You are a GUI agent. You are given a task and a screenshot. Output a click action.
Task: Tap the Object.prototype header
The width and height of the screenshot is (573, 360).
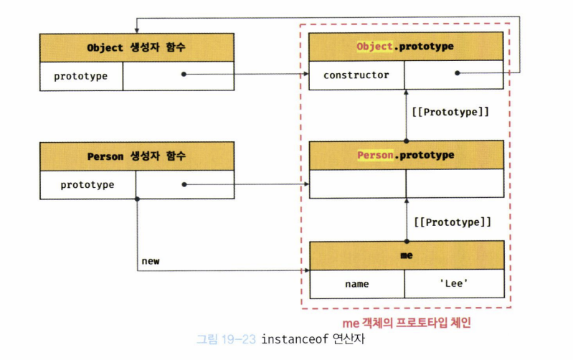405,47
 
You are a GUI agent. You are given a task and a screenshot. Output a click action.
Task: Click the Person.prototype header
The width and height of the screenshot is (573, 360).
405,155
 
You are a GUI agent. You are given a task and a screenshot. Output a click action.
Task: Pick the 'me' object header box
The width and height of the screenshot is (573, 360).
405,255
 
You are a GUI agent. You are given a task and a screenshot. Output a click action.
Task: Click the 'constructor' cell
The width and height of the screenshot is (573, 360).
356,75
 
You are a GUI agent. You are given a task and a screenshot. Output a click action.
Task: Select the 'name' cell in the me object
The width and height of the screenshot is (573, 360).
356,284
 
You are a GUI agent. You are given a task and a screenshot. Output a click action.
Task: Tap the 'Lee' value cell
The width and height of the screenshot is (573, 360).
454,284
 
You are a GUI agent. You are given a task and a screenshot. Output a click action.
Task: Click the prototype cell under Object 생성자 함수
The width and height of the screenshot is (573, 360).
81,75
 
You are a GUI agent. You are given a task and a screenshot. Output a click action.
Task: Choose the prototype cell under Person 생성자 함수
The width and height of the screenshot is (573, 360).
87,184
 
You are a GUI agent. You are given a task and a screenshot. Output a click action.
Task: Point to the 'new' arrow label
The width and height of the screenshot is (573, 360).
151,261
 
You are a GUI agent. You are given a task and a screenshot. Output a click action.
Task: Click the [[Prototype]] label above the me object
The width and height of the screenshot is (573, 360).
450,222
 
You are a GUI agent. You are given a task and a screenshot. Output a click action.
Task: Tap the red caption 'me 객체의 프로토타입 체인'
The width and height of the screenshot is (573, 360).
407,323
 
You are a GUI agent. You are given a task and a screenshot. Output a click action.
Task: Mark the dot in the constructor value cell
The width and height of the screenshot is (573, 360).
457,73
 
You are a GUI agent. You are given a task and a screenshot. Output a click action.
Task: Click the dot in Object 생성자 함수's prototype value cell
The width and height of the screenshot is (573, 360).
184,74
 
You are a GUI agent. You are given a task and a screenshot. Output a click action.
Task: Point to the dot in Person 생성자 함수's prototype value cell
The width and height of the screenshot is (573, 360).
184,184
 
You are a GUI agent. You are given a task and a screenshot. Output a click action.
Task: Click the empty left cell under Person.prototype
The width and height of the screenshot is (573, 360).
356,184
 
